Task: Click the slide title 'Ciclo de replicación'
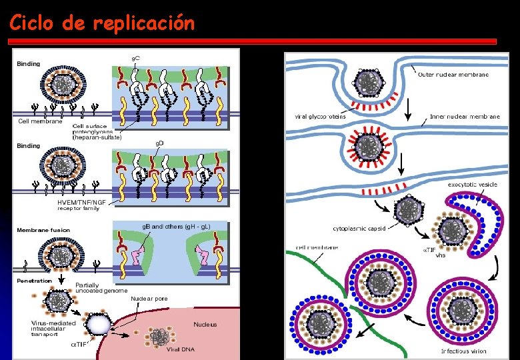(102, 23)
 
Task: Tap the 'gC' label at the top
(135, 59)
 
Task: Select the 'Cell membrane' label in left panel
(40, 121)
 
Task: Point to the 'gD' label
(160, 143)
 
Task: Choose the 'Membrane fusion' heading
(43, 230)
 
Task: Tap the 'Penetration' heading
(34, 281)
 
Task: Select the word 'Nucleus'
(205, 325)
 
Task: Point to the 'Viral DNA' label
(180, 349)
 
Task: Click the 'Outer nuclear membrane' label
(453, 75)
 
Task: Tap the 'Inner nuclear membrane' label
(465, 117)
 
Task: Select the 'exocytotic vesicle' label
(472, 185)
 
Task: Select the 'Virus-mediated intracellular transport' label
(53, 329)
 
